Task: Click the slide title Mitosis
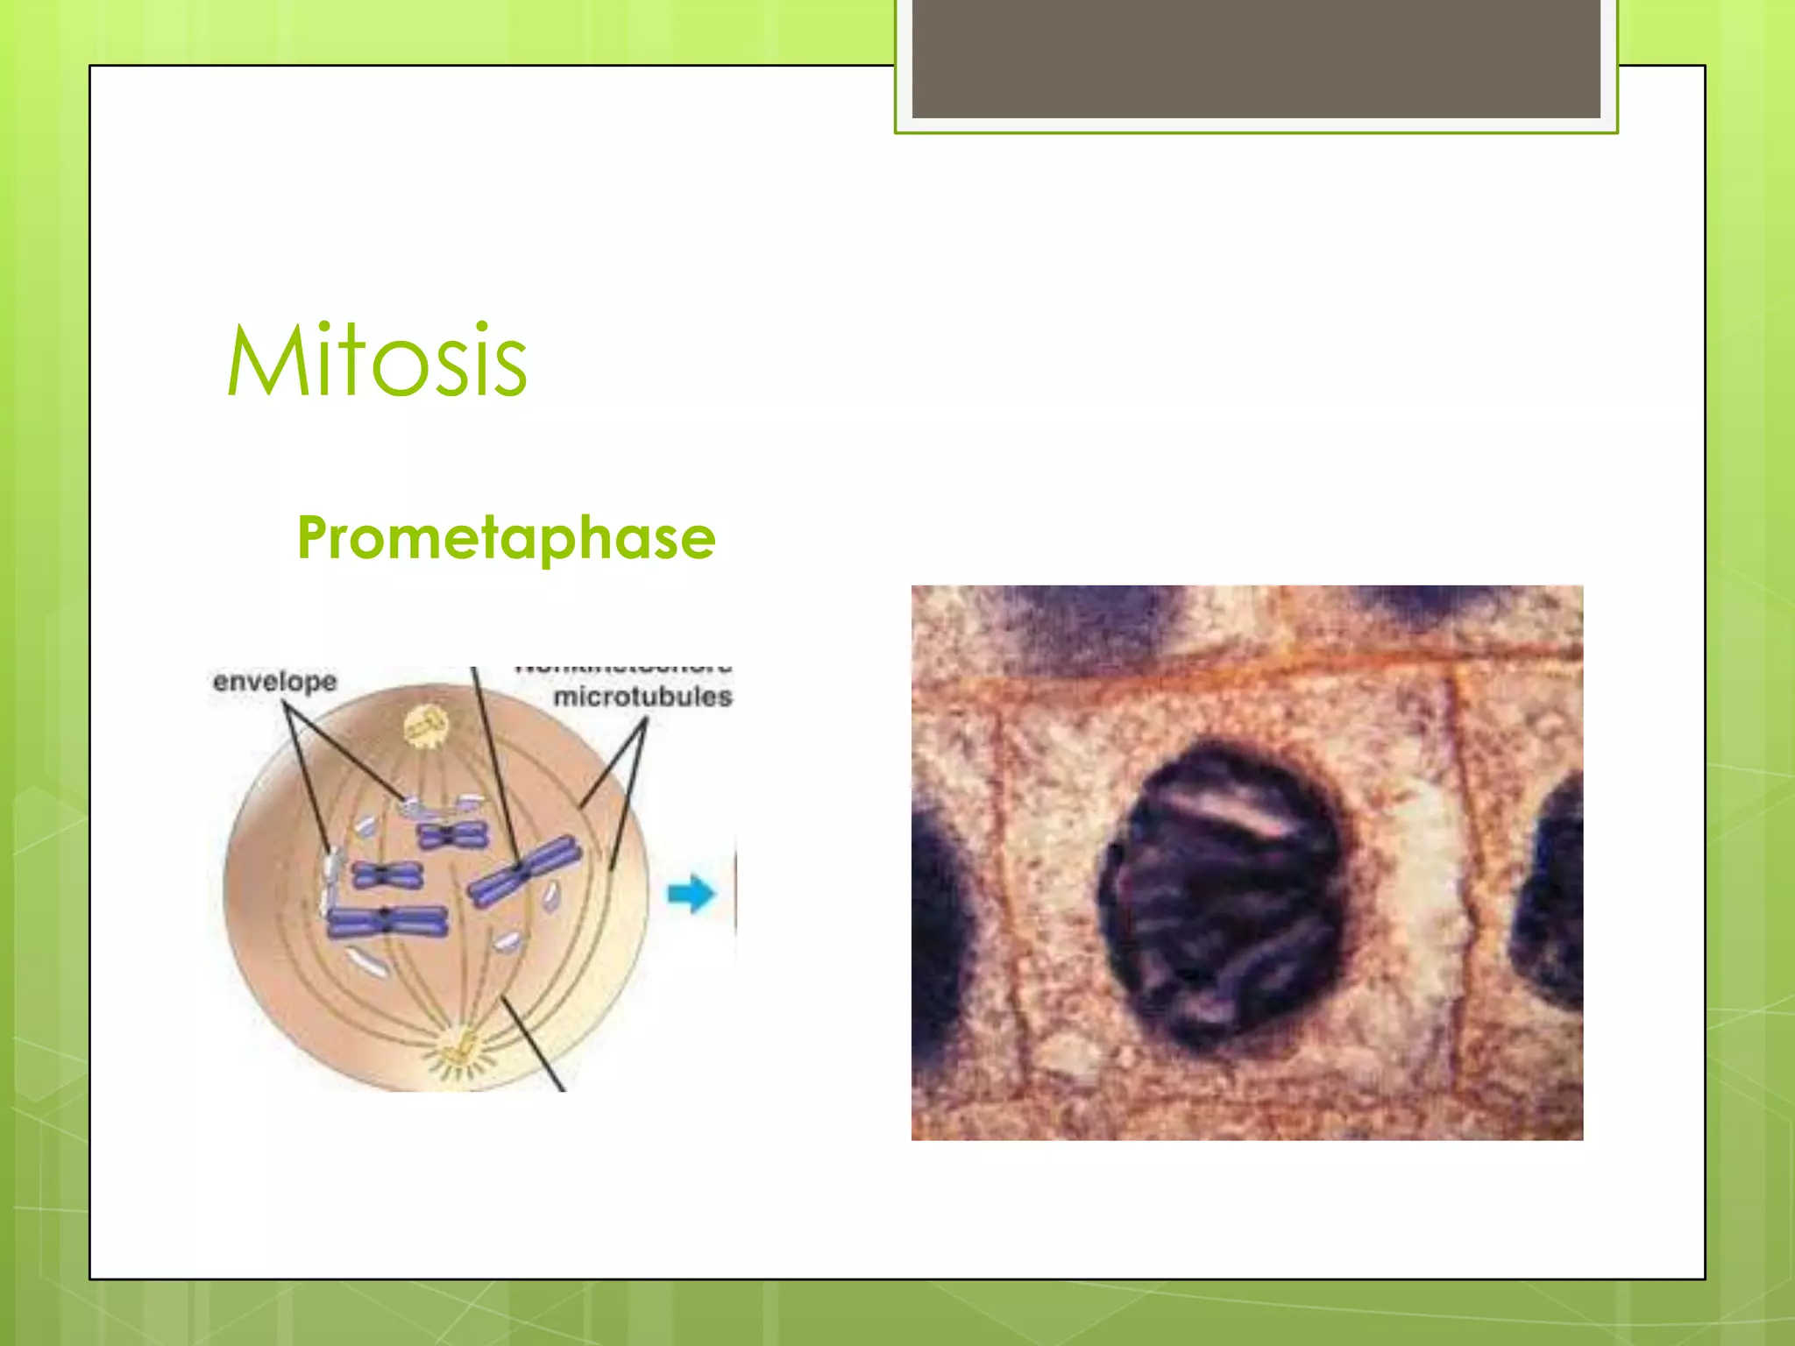tap(377, 361)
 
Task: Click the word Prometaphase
tap(507, 537)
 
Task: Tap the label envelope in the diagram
tap(274, 682)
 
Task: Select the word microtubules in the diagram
tap(642, 698)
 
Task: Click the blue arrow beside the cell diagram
tap(692, 894)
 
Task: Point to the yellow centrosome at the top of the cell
tap(427, 726)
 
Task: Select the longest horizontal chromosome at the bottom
tap(387, 922)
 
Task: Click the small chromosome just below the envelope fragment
tap(387, 874)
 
